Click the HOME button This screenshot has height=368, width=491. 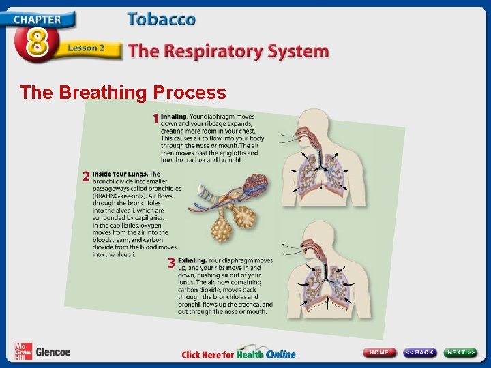pos(380,352)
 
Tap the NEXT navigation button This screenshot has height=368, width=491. pos(461,352)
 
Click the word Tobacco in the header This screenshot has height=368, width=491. pos(161,19)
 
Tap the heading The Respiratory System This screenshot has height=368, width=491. pos(228,51)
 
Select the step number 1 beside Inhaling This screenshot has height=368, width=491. pos(155,119)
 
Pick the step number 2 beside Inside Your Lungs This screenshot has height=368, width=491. pos(86,177)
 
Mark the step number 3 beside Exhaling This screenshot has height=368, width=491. pos(171,262)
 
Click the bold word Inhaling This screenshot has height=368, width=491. pos(174,117)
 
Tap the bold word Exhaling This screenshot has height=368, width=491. pos(192,260)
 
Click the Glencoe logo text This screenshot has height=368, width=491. pos(53,352)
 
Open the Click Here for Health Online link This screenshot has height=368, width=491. pos(239,354)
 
